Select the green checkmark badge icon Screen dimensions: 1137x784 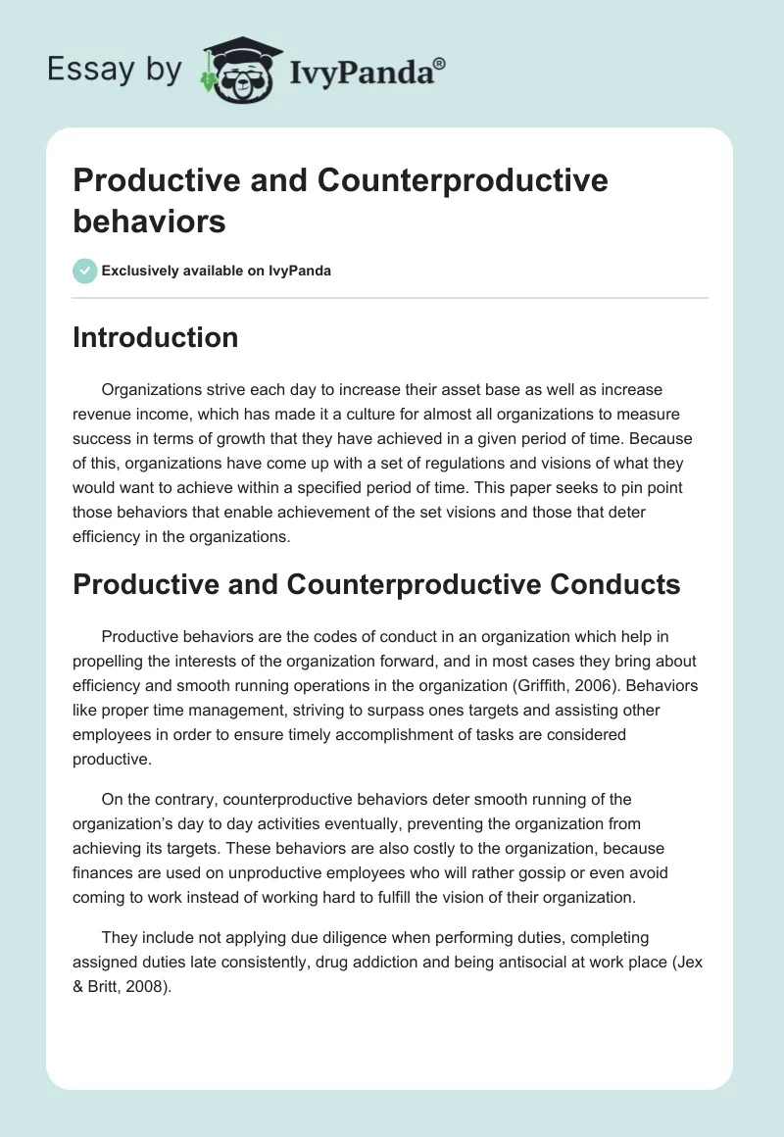pos(85,271)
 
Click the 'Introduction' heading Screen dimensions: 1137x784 pos(156,337)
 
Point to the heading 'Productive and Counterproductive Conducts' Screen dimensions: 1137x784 pos(376,584)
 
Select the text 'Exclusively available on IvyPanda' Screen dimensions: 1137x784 pos(217,271)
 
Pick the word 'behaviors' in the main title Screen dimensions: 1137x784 pos(149,221)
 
